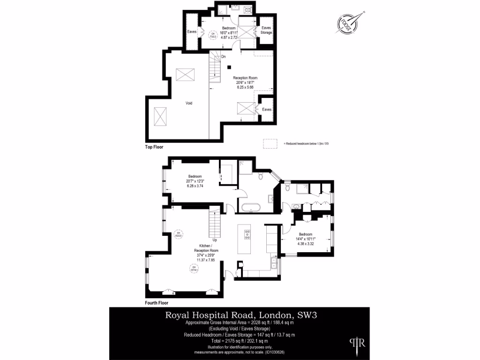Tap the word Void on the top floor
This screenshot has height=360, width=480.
(189, 103)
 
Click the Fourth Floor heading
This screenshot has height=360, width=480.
(157, 303)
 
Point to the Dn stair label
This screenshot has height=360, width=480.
(224, 57)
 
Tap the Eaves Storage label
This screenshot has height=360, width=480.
(266, 30)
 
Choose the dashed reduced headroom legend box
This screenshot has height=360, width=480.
(270, 143)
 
